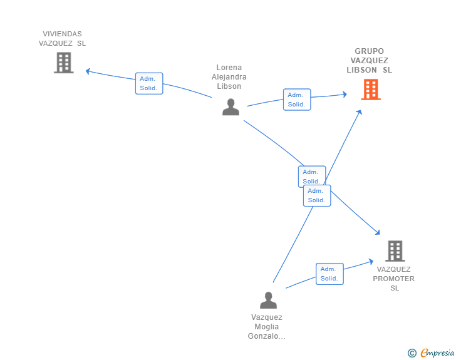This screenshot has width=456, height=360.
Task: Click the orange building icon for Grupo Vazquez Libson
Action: [371, 90]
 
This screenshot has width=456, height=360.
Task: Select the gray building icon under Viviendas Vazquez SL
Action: [64, 63]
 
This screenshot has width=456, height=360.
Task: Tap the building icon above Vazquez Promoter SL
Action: [395, 251]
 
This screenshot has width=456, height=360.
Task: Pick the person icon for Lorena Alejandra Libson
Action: [231, 107]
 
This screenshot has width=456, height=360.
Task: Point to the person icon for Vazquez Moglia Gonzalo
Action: [268, 300]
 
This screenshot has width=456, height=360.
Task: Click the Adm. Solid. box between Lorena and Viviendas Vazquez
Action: [149, 83]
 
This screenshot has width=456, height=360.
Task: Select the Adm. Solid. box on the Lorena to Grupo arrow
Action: [297, 100]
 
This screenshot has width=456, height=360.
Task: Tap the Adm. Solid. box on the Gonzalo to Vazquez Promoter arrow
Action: [329, 274]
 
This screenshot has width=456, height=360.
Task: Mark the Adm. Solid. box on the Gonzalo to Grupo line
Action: [317, 196]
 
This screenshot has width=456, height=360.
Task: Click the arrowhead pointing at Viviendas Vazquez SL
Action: [88, 71]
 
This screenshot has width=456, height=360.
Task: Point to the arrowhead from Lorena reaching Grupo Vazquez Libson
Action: [345, 94]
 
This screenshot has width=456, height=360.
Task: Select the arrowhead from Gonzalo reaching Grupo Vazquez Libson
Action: [360, 112]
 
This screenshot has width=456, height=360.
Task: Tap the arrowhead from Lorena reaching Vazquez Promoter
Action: [378, 232]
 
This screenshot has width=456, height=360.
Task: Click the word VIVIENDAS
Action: [62, 34]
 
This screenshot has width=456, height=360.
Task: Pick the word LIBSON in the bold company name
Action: [361, 70]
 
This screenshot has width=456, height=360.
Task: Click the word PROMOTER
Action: [393, 279]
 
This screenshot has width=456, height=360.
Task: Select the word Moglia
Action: [266, 327]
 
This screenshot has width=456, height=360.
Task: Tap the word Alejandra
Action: [229, 77]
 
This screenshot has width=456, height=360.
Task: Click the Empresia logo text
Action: [437, 352]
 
